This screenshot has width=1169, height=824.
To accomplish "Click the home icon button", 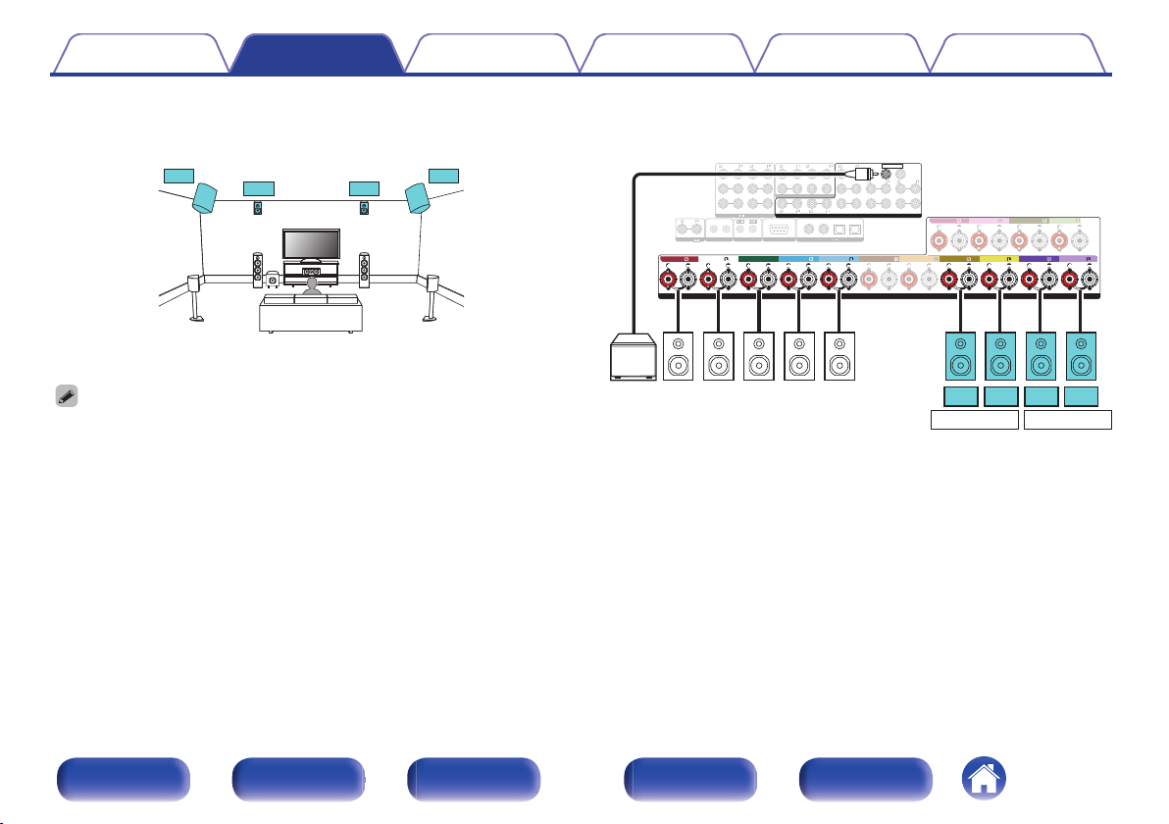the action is pos(984,780).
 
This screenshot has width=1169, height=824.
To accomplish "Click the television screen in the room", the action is pos(311,242).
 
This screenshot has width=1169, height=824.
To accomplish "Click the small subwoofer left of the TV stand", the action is pos(273,282).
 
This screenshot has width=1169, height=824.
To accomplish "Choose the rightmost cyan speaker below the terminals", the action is pos(1081,358).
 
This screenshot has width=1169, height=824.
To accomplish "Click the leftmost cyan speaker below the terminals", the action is pos(960,358).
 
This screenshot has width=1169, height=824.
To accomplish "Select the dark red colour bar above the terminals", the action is pos(686,259).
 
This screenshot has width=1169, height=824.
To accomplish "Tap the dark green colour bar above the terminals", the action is pos(758,259).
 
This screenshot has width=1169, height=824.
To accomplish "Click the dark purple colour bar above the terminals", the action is pos(1040,259).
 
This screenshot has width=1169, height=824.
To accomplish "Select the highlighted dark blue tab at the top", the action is pos(316,55).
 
